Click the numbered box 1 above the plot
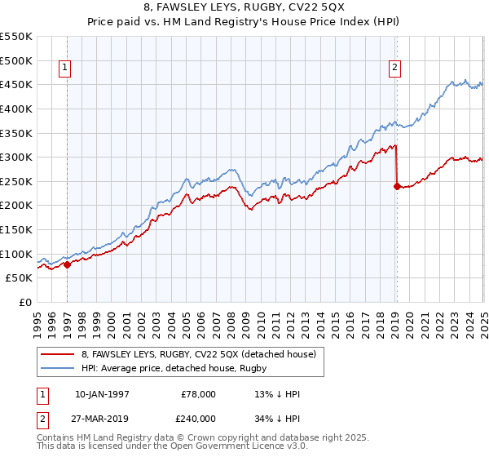[64, 69]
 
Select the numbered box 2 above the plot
[394, 69]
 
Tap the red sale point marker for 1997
[67, 264]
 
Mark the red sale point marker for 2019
[397, 186]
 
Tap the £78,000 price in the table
[198, 394]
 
